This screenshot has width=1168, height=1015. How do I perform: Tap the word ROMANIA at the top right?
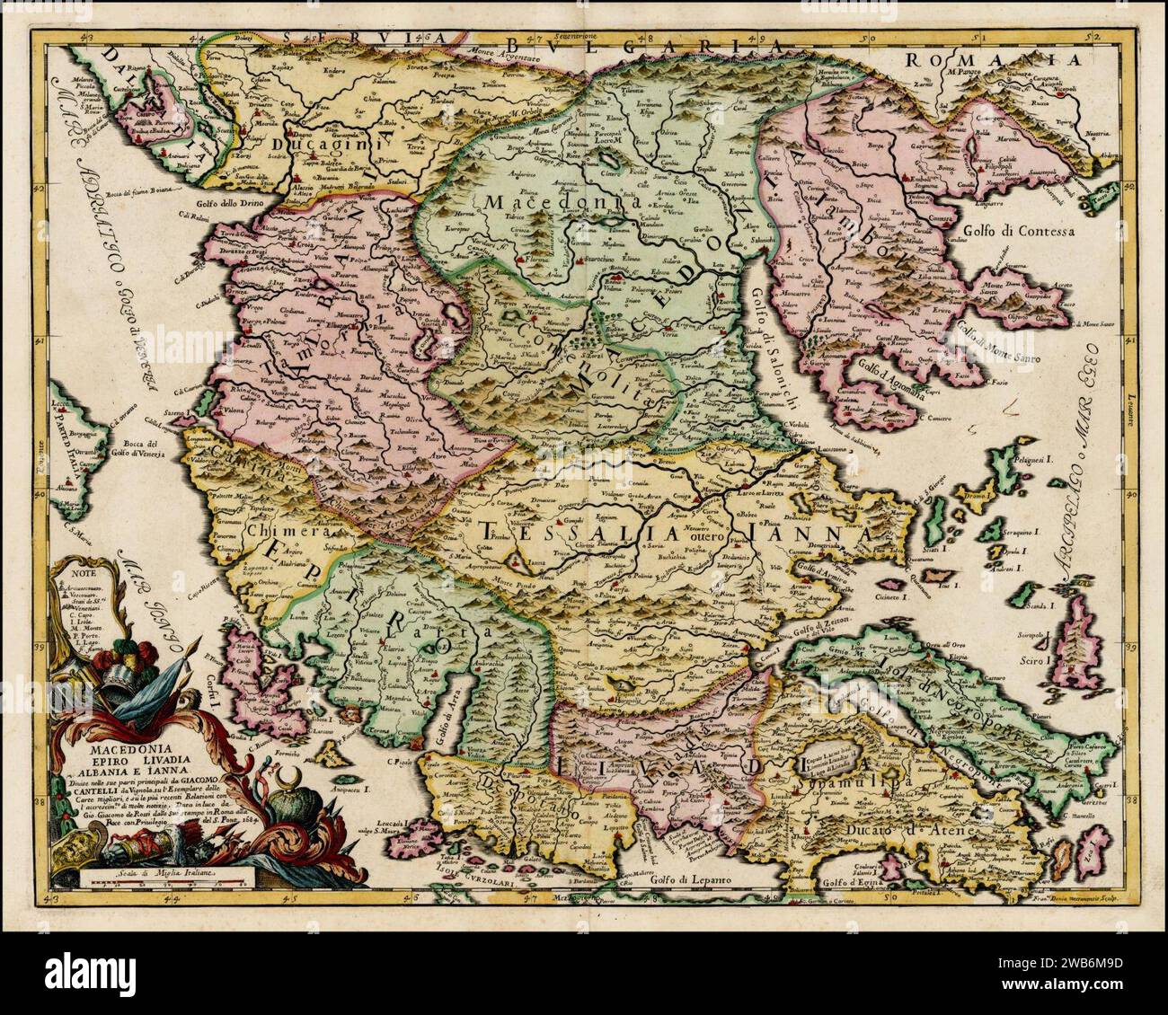point(992,60)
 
